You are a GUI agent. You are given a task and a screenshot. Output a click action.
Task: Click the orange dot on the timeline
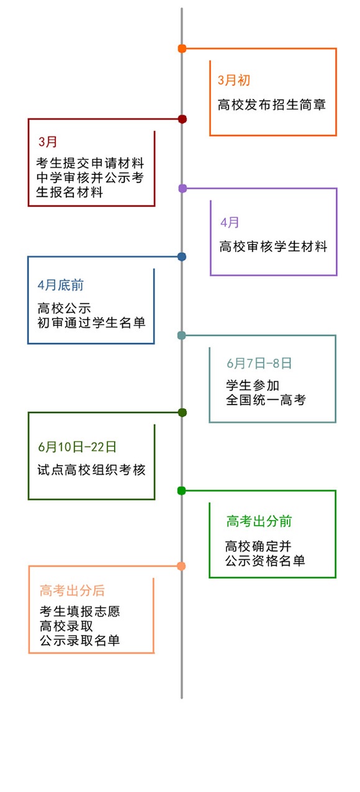(x=182, y=48)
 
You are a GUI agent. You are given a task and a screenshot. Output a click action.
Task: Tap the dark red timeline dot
(x=182, y=119)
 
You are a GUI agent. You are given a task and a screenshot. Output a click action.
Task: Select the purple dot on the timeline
(x=182, y=189)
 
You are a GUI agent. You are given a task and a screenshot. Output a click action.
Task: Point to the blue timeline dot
(x=182, y=257)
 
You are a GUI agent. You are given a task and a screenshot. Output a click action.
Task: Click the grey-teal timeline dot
(x=181, y=336)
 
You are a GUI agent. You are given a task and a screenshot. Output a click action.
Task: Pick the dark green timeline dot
(x=182, y=413)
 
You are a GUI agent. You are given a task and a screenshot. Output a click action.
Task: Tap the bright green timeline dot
(x=181, y=491)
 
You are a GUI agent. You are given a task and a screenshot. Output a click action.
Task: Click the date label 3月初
(x=234, y=80)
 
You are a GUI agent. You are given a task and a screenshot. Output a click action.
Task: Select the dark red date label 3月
(x=47, y=142)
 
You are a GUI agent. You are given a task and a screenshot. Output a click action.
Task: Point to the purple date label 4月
(x=230, y=222)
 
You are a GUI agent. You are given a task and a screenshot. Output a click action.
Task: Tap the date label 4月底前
(x=60, y=285)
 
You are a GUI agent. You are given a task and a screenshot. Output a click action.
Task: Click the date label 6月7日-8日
(x=259, y=363)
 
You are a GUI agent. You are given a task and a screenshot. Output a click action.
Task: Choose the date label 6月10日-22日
(x=77, y=447)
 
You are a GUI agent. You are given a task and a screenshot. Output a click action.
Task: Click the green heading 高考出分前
(x=259, y=521)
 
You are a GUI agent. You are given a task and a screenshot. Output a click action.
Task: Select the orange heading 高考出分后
(x=72, y=590)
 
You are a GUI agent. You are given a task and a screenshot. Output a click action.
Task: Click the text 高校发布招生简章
(x=272, y=105)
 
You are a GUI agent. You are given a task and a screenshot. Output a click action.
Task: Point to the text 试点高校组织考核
(x=92, y=470)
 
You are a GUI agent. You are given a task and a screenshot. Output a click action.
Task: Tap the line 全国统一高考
(x=266, y=400)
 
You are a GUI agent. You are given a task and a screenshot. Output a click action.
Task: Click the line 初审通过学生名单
(x=92, y=323)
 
